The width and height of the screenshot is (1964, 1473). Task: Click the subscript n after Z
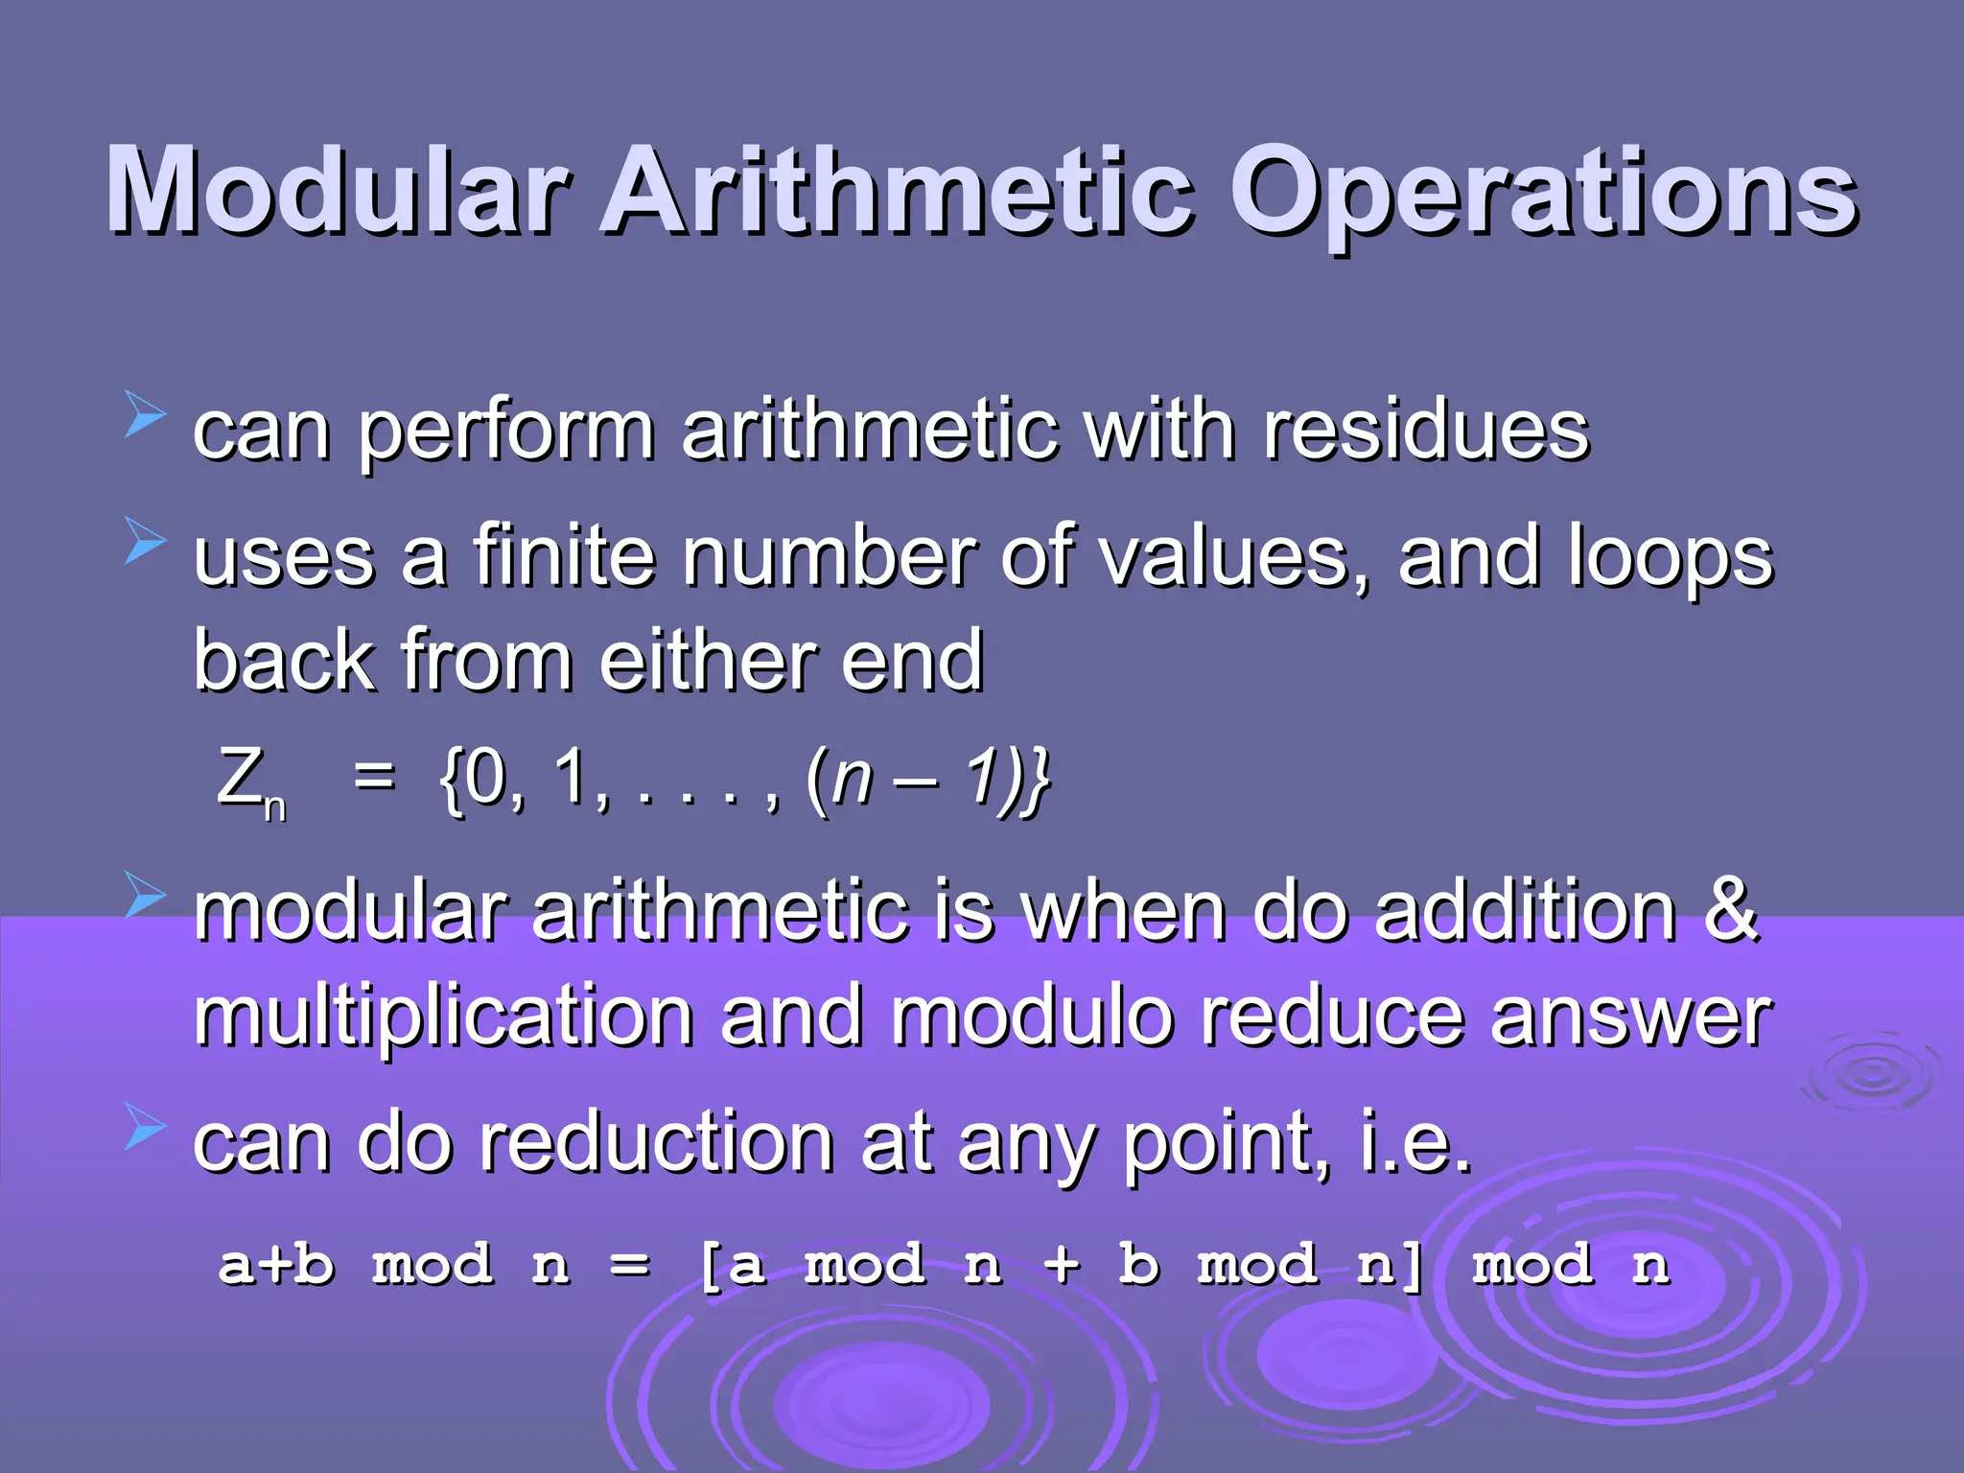[275, 807]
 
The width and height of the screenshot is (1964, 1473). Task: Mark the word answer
[1630, 1018]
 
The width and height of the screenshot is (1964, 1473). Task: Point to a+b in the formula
[276, 1264]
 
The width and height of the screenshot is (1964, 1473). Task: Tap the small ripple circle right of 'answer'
[1871, 1074]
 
